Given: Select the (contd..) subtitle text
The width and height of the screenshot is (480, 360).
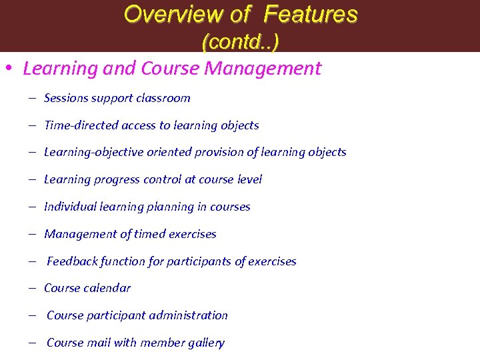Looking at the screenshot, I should pos(240,42).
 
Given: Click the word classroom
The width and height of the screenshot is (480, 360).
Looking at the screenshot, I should pos(163,98).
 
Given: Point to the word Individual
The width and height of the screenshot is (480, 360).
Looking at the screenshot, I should pos(69,207).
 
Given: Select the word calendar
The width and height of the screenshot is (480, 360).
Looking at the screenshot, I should pos(108,288).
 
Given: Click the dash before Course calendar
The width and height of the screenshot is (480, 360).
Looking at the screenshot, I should pos(32,288).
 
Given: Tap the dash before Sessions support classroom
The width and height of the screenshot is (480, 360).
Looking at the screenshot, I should pos(32,98).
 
